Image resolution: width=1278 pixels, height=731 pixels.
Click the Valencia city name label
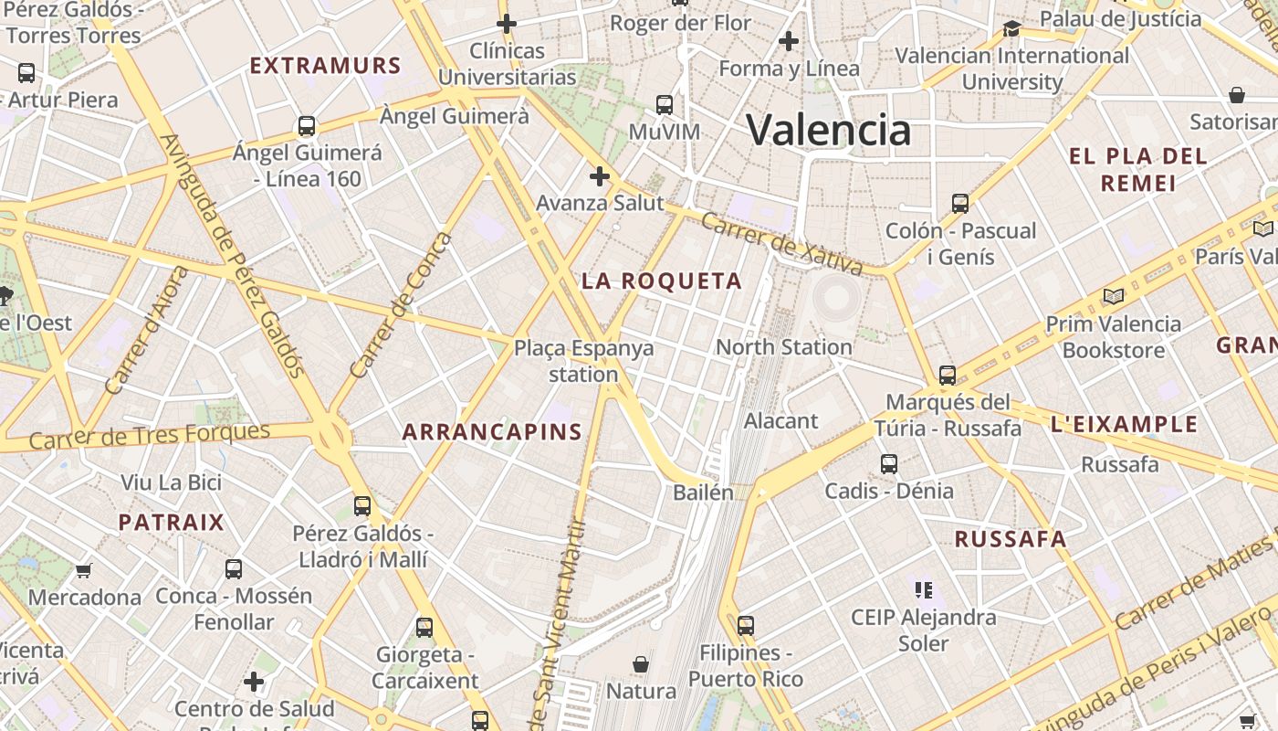pyautogui.click(x=829, y=130)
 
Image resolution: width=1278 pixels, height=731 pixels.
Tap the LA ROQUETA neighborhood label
pyautogui.click(x=662, y=281)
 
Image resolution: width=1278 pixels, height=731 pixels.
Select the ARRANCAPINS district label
pyautogui.click(x=492, y=432)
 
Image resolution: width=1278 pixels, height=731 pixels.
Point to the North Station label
pyautogui.click(x=783, y=347)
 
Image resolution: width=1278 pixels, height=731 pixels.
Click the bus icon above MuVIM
pyautogui.click(x=665, y=104)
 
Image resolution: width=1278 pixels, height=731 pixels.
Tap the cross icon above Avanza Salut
pyautogui.click(x=600, y=175)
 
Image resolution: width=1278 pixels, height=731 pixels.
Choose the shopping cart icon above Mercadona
pyautogui.click(x=84, y=571)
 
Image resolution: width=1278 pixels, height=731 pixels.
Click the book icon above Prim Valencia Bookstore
pyautogui.click(x=1113, y=296)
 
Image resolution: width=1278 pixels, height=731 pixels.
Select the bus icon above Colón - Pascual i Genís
pyautogui.click(x=960, y=203)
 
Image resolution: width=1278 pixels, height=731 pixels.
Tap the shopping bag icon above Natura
pyautogui.click(x=641, y=663)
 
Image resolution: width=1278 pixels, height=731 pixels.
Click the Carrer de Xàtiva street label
pyautogui.click(x=782, y=244)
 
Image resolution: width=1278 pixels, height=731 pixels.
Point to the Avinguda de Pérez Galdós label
pyautogui.click(x=232, y=256)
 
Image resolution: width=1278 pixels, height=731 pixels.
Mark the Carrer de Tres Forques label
pyautogui.click(x=150, y=436)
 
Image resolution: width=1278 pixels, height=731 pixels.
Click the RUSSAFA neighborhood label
pyautogui.click(x=1011, y=539)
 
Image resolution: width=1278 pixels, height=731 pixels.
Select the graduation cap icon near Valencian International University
pyautogui.click(x=1011, y=28)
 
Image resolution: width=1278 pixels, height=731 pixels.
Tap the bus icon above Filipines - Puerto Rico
pyautogui.click(x=746, y=626)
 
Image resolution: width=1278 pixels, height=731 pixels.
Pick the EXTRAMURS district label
pyautogui.click(x=325, y=66)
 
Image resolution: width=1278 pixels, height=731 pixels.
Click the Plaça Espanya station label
pyautogui.click(x=584, y=361)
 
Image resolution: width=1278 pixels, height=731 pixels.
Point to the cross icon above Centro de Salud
pyautogui.click(x=254, y=682)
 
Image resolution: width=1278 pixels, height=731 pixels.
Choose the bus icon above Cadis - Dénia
pyautogui.click(x=889, y=464)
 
